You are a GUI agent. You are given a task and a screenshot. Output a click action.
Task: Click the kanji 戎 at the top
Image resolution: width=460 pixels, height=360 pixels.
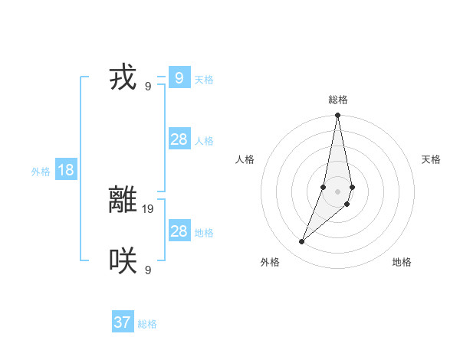click(123, 78)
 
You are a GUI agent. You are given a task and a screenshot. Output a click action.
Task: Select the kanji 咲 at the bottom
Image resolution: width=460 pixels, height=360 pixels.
click(123, 261)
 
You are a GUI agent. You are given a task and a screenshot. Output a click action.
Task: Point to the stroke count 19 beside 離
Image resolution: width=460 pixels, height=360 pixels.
click(149, 208)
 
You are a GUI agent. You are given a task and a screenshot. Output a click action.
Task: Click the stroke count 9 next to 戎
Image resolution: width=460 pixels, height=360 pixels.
click(148, 86)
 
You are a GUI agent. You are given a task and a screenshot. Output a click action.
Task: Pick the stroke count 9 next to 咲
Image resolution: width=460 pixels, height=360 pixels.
click(148, 270)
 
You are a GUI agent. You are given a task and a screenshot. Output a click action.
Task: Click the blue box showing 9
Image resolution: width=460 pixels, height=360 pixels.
click(179, 78)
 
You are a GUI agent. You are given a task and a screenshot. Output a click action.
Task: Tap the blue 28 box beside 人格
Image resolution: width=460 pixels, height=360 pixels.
click(179, 139)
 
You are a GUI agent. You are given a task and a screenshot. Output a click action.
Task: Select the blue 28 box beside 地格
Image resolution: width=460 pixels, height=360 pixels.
click(179, 231)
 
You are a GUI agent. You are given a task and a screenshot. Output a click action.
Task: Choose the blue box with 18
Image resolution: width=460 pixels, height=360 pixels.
click(66, 170)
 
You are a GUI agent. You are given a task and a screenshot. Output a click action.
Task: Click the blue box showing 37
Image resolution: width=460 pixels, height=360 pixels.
click(122, 322)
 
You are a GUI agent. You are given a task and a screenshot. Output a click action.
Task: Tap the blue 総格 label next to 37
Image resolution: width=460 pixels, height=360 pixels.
click(147, 324)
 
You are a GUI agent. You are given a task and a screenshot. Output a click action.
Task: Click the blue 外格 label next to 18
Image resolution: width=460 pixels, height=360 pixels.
click(41, 172)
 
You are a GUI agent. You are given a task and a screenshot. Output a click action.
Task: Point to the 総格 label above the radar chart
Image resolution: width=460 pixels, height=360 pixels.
click(338, 100)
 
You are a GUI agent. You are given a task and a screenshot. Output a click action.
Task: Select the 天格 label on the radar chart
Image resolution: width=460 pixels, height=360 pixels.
click(432, 159)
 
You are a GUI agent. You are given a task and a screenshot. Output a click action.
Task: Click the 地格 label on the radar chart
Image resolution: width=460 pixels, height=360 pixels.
click(402, 262)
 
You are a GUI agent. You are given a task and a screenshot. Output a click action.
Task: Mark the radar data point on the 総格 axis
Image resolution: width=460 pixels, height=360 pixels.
click(338, 116)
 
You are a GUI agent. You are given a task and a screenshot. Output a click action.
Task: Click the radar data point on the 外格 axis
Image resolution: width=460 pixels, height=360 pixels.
click(302, 241)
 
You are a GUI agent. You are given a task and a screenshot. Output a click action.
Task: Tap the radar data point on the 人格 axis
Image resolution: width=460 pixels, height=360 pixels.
click(324, 187)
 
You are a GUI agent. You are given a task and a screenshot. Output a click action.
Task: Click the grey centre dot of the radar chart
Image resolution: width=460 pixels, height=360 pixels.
click(338, 191)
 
